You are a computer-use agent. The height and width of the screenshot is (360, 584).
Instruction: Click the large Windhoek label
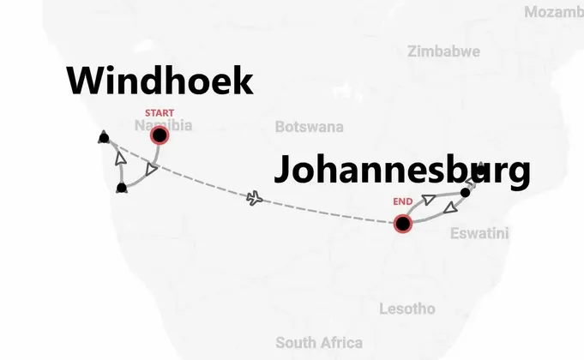pyautogui.click(x=160, y=82)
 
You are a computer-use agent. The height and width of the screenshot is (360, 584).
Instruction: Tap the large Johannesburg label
pyautogui.click(x=400, y=170)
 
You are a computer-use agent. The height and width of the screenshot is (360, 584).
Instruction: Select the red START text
pyautogui.click(x=159, y=113)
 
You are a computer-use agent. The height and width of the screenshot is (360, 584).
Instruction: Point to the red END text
pyautogui.click(x=403, y=202)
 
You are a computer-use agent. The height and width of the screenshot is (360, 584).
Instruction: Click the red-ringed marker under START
pyautogui.click(x=159, y=135)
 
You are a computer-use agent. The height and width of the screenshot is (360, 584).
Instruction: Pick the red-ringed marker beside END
pyautogui.click(x=403, y=224)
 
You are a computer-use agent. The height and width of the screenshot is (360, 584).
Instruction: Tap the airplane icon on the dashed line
pyautogui.click(x=254, y=199)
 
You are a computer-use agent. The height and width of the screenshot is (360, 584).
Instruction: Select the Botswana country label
pyautogui.click(x=309, y=127)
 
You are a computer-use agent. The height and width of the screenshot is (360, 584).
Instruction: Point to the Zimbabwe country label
pyautogui.click(x=443, y=51)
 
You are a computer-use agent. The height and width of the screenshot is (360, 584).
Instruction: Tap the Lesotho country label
pyautogui.click(x=406, y=309)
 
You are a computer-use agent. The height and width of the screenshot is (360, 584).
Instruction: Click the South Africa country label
pyautogui.click(x=319, y=342)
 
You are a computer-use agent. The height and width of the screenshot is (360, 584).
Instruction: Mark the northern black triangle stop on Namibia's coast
pyautogui.click(x=104, y=135)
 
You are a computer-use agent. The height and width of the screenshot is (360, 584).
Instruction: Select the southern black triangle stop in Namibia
pyautogui.click(x=121, y=187)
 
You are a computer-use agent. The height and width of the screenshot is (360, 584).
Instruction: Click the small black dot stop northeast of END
pyautogui.click(x=465, y=192)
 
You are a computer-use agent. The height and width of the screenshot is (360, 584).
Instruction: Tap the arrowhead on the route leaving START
pyautogui.click(x=151, y=170)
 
